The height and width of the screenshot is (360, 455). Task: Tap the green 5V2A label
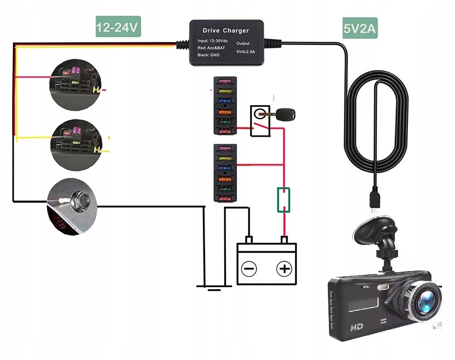tap(360, 29)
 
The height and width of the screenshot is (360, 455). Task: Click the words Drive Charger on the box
tap(225, 30)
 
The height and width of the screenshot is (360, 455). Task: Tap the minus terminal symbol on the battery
tap(249, 269)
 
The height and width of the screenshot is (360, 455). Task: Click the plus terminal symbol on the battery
tap(283, 269)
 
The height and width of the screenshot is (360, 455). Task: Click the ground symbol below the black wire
tap(213, 287)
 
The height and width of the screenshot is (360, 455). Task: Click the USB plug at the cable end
tap(374, 199)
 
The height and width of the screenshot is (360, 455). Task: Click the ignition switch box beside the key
tap(259, 121)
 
